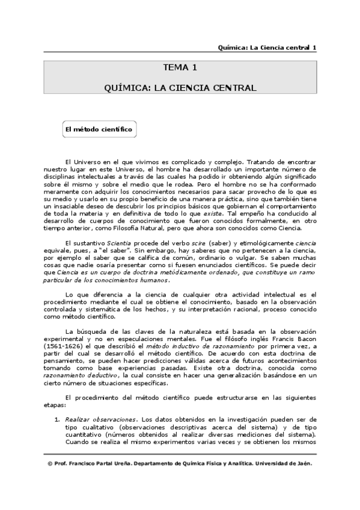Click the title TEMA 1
(x=180, y=67)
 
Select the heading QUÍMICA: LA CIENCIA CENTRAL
(x=180, y=88)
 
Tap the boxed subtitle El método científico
(x=99, y=129)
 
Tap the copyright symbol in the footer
(x=49, y=465)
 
